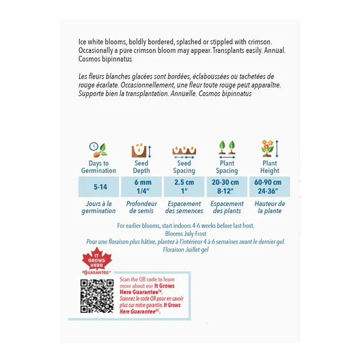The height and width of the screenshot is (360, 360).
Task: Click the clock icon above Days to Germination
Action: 94,148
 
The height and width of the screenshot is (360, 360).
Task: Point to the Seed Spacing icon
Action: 184,150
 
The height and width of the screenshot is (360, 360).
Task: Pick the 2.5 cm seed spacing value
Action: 184,182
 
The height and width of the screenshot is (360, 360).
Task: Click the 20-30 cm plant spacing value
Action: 227,182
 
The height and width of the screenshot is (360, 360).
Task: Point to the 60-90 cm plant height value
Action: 269,182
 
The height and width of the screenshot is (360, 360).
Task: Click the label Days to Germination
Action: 98,167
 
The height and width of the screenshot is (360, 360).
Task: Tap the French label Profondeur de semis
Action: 141,207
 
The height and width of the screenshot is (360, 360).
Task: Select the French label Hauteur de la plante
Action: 269,207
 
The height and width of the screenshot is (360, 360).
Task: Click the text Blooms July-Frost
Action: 183,234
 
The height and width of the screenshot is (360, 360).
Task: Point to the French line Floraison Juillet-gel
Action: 183,250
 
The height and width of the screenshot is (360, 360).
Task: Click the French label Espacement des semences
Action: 184,207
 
